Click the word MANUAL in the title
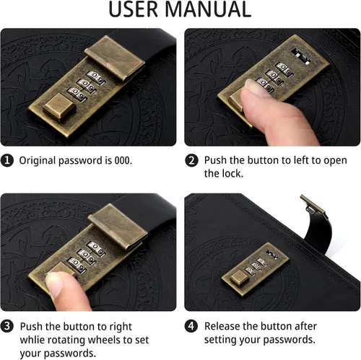click(209, 9)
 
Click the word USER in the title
click(134, 9)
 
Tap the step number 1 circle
click(7, 160)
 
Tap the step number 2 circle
click(191, 160)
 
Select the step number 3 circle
click(7, 326)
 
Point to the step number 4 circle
click(191, 326)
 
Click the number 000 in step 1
click(123, 160)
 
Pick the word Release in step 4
click(222, 326)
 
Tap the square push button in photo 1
click(59, 107)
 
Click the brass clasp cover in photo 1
click(115, 57)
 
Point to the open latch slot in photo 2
click(301, 56)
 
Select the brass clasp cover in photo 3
click(118, 226)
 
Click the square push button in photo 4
click(240, 278)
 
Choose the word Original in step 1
click(38, 161)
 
